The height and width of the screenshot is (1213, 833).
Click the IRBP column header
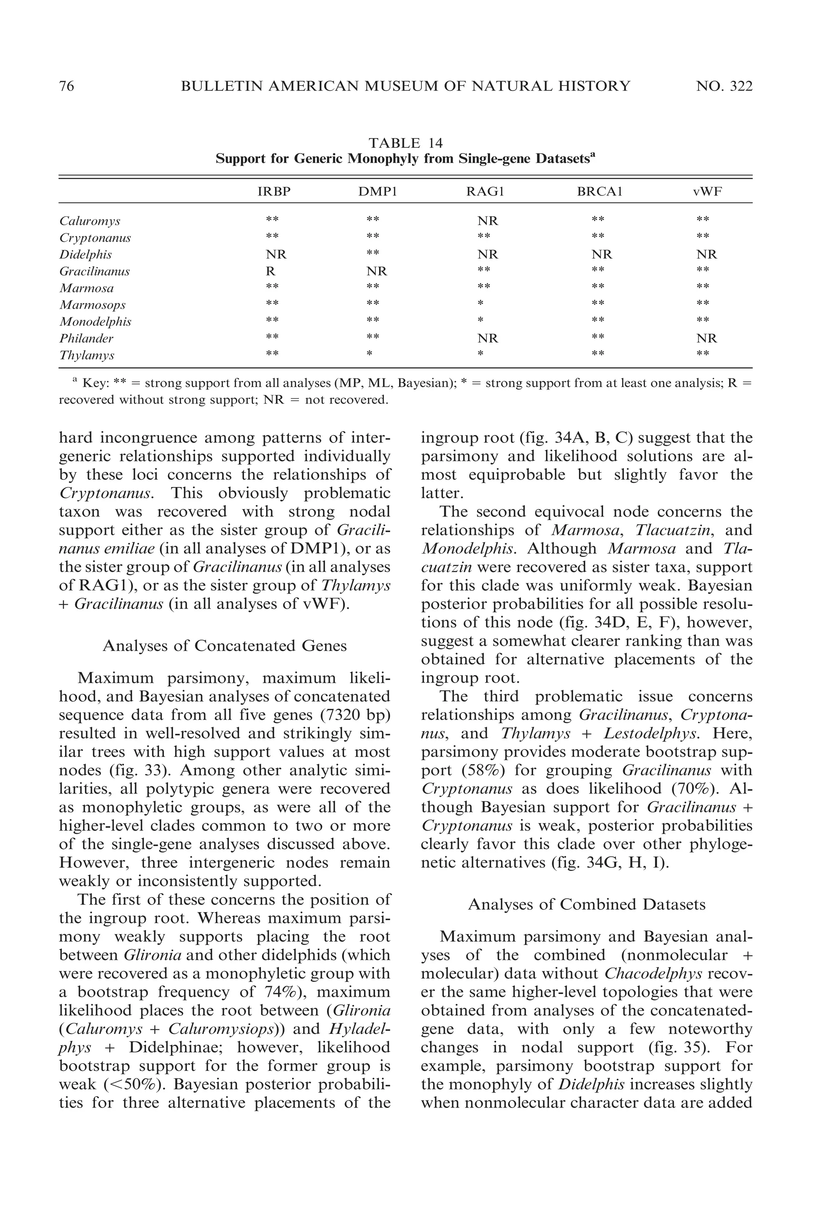[x=274, y=192]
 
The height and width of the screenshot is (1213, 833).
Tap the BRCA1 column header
[x=600, y=192]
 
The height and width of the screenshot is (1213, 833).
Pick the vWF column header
[x=707, y=192]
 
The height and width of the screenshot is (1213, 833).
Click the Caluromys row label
[x=90, y=221]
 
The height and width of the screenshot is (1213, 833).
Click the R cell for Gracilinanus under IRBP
[x=270, y=271]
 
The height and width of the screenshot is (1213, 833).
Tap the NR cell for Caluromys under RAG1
[x=488, y=221]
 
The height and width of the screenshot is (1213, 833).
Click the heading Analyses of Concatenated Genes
[x=225, y=646]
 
